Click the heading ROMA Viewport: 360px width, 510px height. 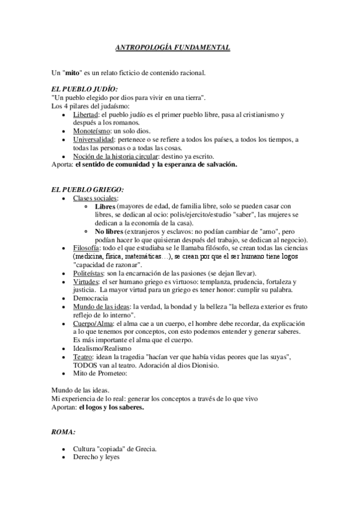(x=64, y=432)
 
